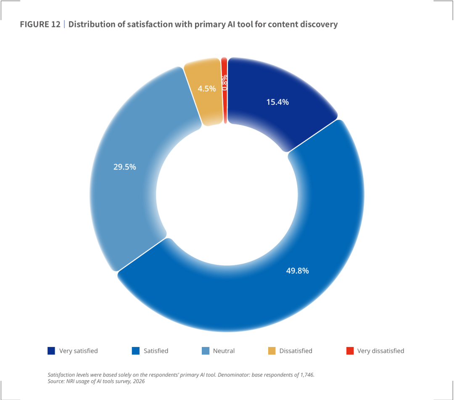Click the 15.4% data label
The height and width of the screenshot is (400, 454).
coord(277,102)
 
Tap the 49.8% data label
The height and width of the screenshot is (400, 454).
coord(297,270)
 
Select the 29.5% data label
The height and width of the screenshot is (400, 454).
coord(124,167)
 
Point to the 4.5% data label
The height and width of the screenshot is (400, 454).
coord(207,89)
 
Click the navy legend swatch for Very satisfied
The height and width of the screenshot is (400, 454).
coord(51,351)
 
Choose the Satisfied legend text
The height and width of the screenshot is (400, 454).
coord(156,351)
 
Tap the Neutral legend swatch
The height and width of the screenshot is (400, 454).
coord(206,351)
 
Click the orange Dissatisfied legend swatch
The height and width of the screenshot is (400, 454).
coord(272,351)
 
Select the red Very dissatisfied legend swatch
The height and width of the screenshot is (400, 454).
coord(350,351)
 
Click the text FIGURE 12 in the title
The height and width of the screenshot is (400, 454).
coord(40,24)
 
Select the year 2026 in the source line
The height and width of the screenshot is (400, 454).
coord(139,381)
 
